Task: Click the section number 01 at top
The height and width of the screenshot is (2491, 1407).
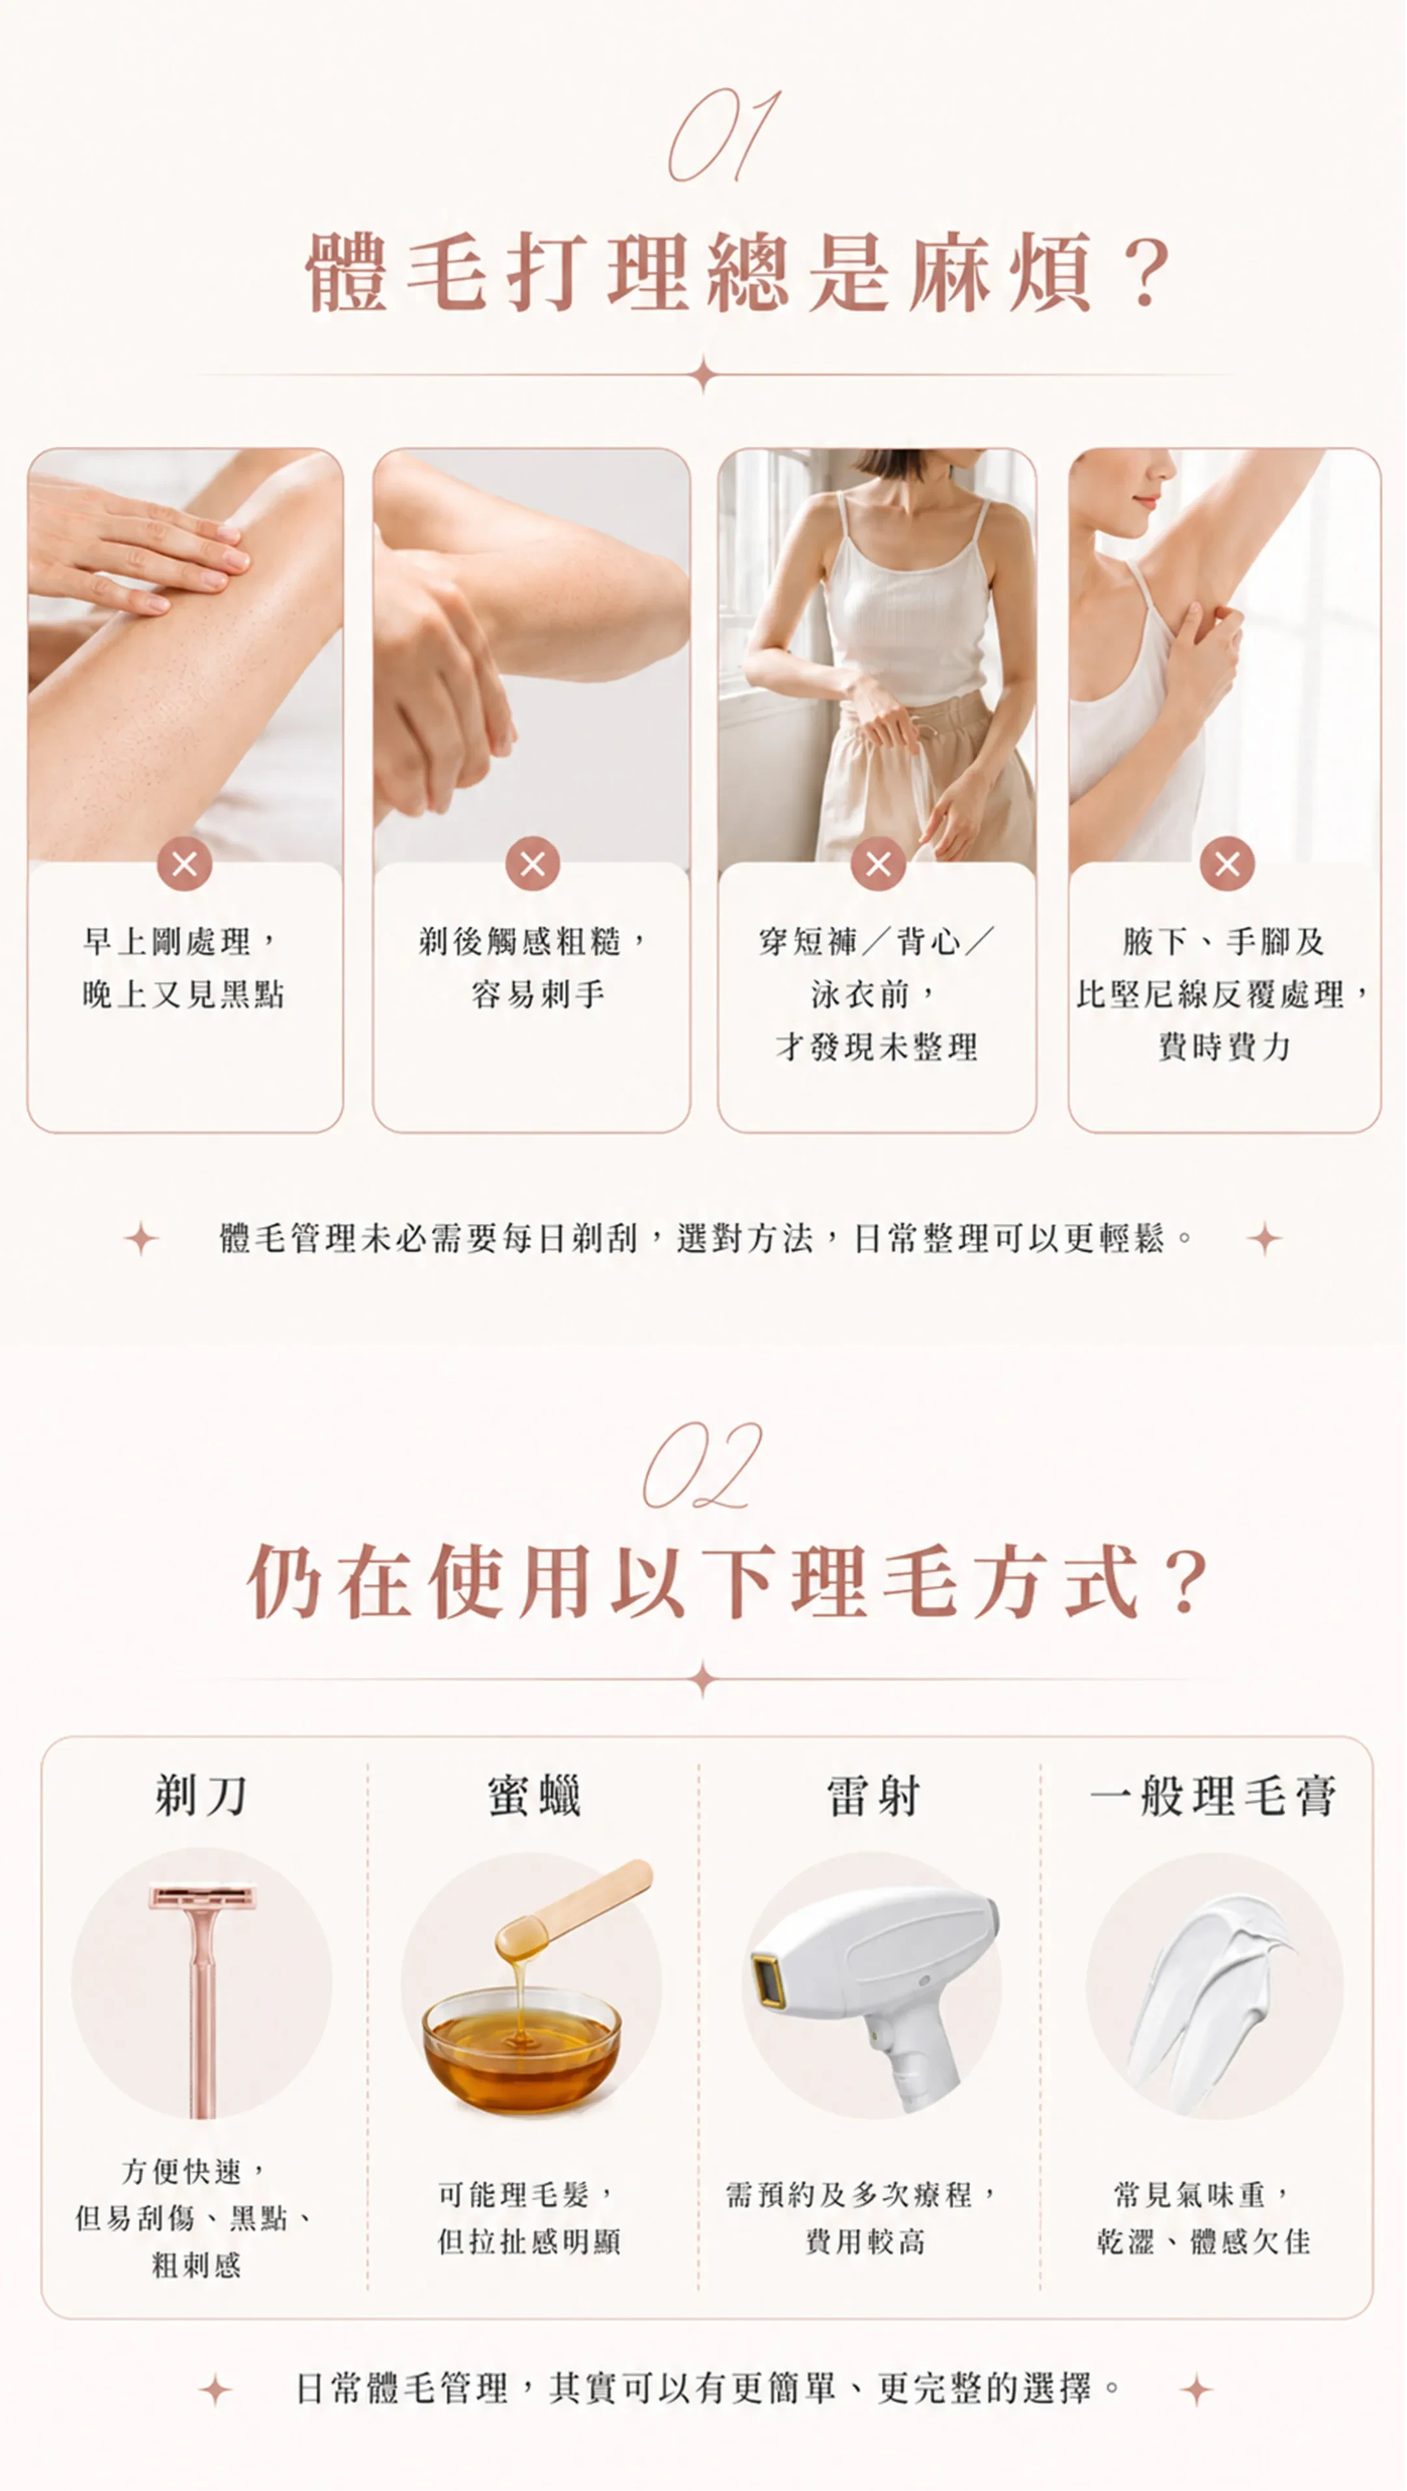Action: click(x=724, y=135)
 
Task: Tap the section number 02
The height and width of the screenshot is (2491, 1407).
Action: click(x=703, y=1465)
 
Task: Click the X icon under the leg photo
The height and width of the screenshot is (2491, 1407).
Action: click(x=185, y=864)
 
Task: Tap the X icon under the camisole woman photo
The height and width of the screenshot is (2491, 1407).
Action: click(x=878, y=864)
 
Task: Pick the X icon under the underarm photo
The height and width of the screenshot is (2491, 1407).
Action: click(x=1227, y=864)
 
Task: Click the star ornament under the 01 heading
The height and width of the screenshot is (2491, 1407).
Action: click(x=704, y=374)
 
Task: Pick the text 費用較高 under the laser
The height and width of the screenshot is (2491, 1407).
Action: click(x=866, y=2242)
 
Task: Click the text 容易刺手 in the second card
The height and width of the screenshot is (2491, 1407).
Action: click(x=539, y=994)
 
